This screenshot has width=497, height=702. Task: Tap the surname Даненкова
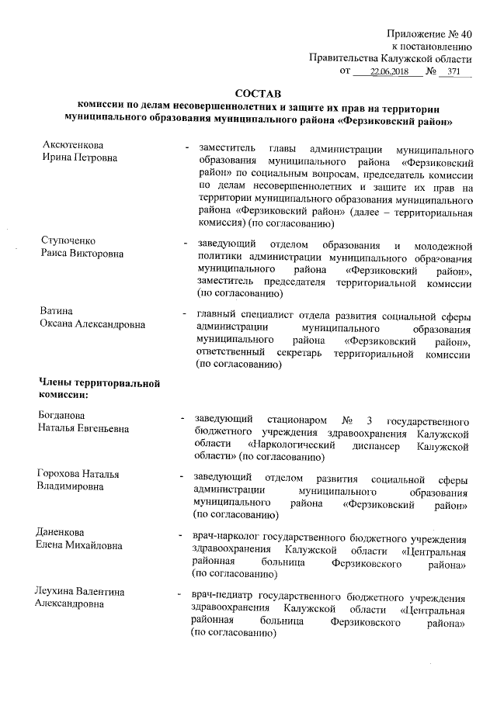click(64, 533)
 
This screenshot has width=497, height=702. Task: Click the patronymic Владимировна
click(74, 486)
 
